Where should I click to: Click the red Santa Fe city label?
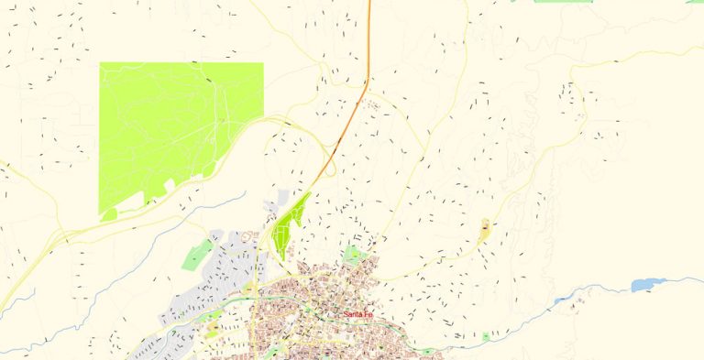tap(358, 316)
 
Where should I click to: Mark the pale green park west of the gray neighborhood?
tap(196, 256)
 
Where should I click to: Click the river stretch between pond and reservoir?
tap(600, 290)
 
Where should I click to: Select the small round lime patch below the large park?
tap(110, 214)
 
